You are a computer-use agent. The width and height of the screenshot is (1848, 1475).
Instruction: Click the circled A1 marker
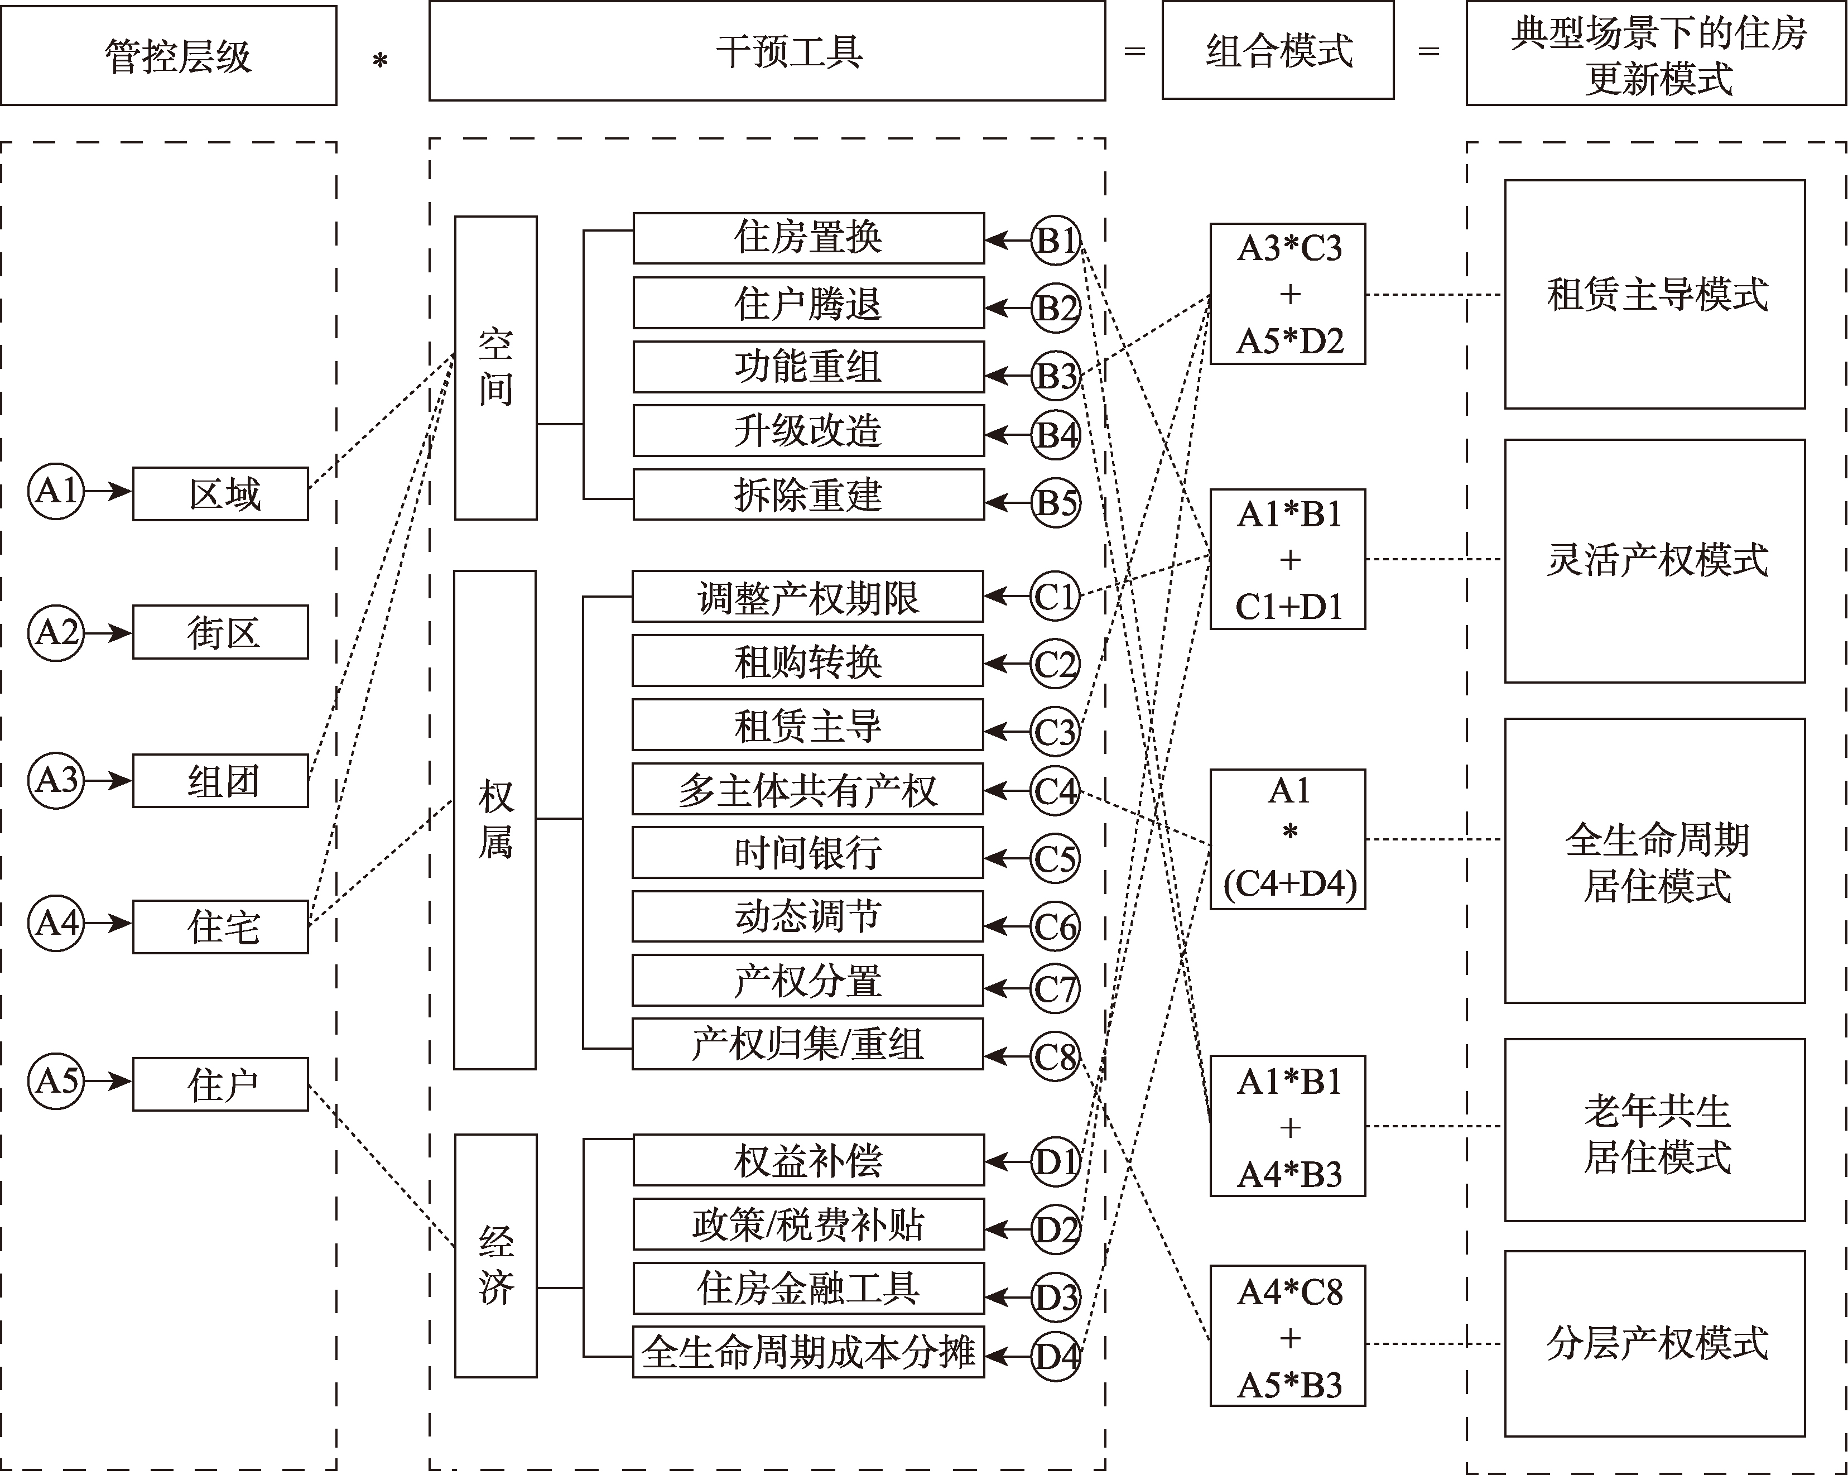[56, 491]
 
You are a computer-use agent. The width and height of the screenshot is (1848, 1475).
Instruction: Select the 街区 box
[220, 632]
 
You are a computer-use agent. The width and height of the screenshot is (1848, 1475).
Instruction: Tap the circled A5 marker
[56, 1081]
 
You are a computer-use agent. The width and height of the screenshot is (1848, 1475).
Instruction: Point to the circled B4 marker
[1055, 435]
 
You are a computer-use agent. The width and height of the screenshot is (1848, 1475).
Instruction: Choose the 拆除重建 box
[808, 494]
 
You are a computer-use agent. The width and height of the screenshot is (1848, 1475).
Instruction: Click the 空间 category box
[495, 368]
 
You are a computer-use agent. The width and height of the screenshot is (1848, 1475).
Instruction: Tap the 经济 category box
[495, 1263]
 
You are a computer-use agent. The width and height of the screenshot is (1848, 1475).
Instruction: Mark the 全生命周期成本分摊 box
[808, 1352]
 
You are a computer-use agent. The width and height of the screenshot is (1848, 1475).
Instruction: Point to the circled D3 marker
[1055, 1298]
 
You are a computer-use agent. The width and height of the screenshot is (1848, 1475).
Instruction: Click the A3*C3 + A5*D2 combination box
[1287, 294]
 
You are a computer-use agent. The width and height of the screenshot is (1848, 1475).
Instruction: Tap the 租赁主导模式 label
[1656, 294]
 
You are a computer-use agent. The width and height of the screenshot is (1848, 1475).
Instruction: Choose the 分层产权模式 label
[1656, 1343]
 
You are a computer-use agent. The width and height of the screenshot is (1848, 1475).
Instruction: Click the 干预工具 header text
[790, 51]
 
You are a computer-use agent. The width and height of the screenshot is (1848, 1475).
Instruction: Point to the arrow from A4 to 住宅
[108, 924]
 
